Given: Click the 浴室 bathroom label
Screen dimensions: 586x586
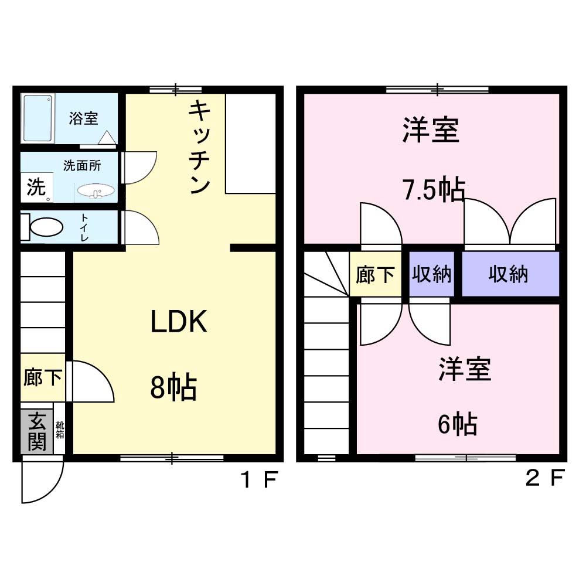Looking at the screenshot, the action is point(83,118).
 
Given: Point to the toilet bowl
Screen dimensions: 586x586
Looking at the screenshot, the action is point(46,227).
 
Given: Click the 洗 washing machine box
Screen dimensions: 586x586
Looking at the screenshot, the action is point(36,189).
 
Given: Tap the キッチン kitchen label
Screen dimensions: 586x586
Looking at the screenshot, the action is point(200,147).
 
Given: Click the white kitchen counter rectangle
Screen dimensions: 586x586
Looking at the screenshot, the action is point(251,143).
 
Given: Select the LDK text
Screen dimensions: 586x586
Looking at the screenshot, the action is point(179,322).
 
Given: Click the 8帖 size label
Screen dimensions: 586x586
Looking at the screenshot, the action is point(173,387).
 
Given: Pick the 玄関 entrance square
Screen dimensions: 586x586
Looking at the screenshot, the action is point(36,431).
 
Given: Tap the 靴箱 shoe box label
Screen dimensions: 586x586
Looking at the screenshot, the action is point(60,430).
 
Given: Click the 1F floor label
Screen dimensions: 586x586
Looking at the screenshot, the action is point(258,481).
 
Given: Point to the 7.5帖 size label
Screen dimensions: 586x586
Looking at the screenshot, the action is point(433,190).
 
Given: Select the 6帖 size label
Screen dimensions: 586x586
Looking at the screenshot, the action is point(456,424).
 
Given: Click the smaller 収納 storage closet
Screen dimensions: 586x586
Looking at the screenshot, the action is point(431,274).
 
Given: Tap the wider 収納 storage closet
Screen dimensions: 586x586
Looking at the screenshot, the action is point(509,274).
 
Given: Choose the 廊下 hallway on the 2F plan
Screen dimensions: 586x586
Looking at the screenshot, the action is point(375,274).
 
